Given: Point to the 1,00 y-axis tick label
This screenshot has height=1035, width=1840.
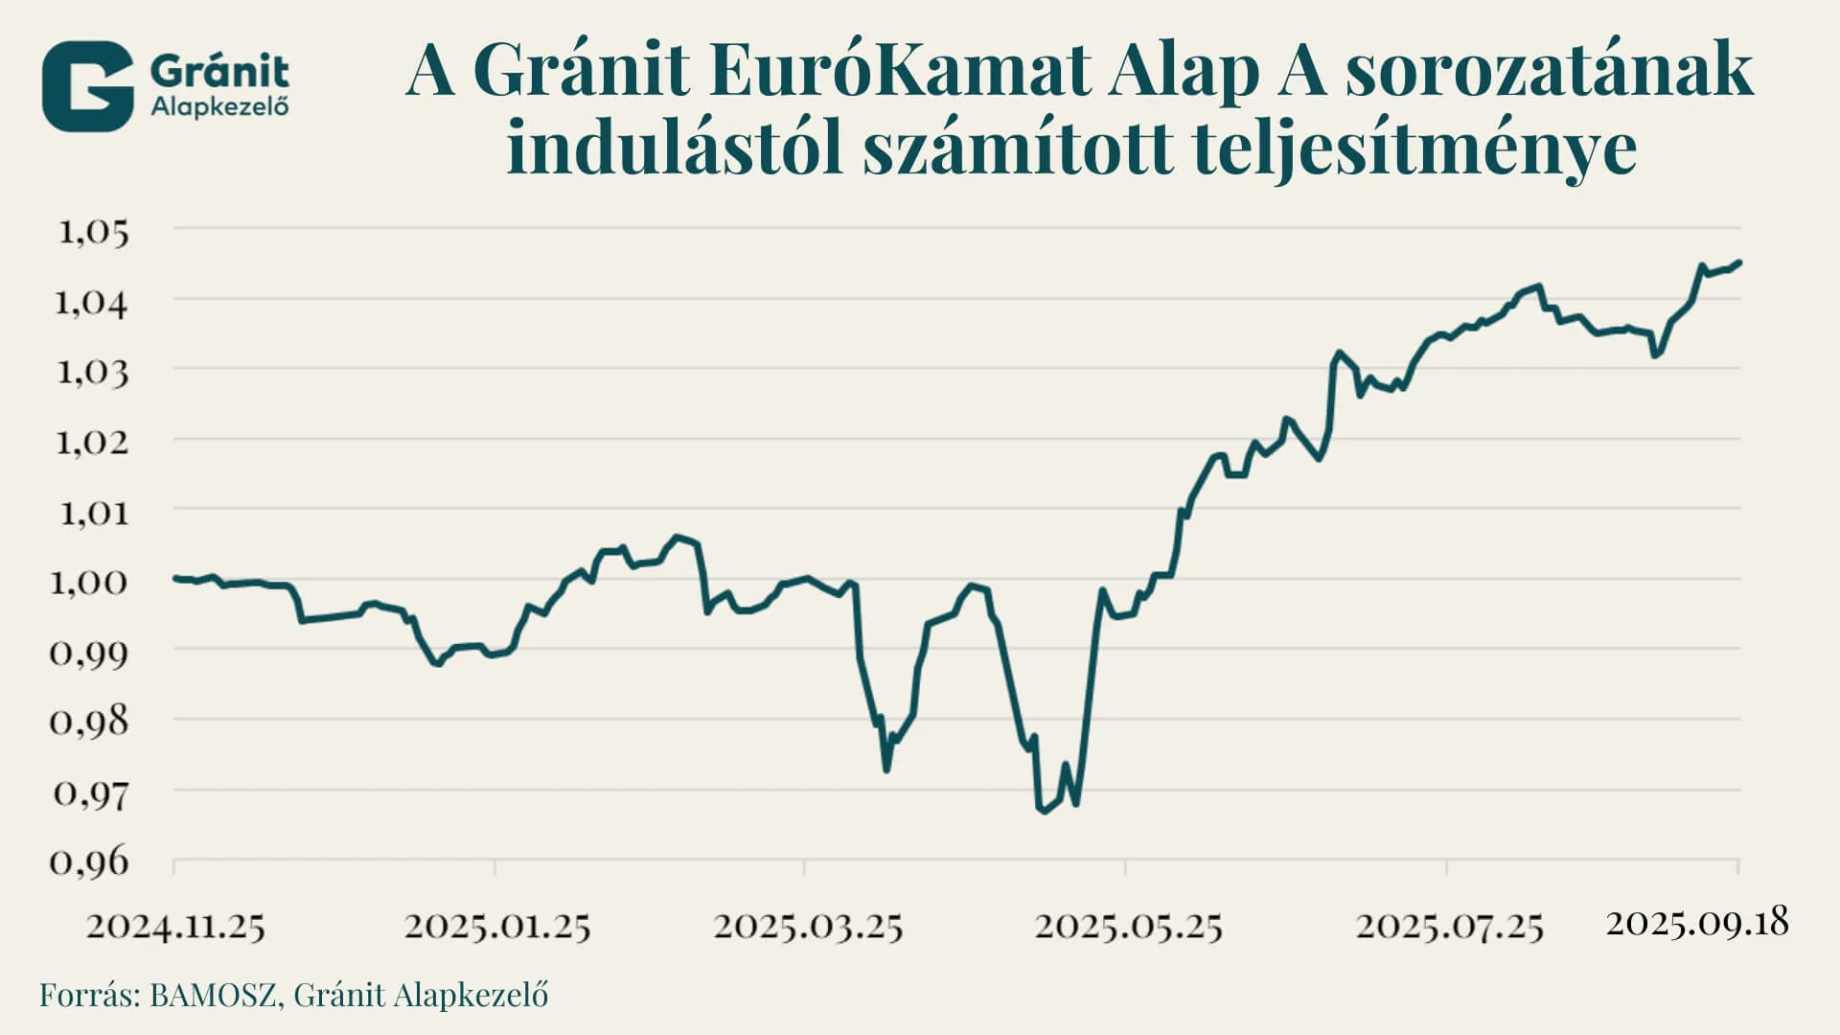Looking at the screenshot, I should [88, 582].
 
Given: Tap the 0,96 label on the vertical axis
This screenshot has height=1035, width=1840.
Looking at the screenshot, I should [88, 862].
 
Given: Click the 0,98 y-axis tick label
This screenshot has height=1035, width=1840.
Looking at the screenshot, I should [88, 722].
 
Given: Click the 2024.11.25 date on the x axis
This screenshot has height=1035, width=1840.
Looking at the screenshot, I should [175, 927].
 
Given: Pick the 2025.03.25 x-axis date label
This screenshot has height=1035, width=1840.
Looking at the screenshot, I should [808, 927].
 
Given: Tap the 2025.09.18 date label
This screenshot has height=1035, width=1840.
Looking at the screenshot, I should [1697, 923].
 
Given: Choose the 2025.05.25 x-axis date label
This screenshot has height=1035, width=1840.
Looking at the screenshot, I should [1128, 927].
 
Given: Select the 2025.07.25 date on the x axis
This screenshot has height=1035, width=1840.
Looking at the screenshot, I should [1449, 927].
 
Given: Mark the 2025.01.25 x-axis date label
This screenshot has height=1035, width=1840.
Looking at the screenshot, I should [497, 927].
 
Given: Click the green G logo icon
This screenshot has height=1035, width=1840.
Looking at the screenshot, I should [87, 86].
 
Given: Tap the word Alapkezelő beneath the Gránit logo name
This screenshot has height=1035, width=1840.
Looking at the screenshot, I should [219, 106].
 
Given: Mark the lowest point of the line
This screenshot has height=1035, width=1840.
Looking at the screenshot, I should [1042, 811].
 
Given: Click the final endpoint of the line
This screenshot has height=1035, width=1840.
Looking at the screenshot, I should [1738, 262].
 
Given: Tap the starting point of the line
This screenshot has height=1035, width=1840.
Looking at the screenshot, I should [175, 578].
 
